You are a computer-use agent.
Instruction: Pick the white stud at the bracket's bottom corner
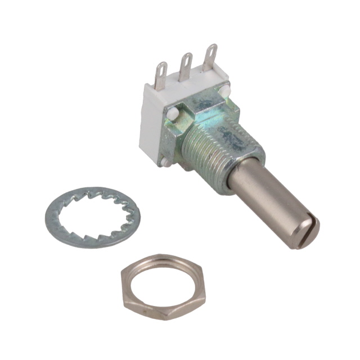pos(166,161)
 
